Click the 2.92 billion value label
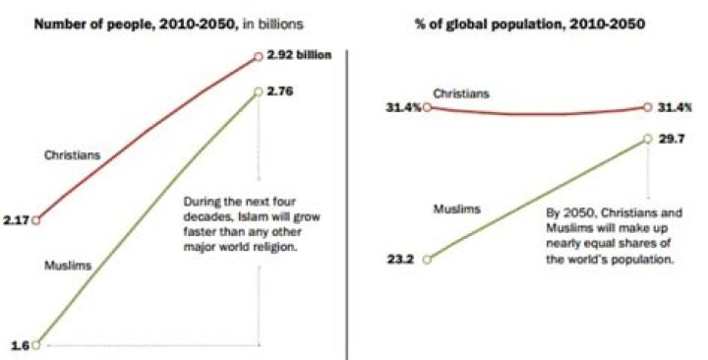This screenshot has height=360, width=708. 297,56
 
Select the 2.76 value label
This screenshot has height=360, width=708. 281,90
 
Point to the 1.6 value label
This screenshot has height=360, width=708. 18,345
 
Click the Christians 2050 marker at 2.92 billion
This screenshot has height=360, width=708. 257,56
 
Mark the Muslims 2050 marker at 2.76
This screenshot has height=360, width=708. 257,90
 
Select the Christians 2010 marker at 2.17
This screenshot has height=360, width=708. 36,220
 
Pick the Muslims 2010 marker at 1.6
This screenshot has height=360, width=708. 36,345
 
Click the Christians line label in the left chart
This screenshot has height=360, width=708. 72,154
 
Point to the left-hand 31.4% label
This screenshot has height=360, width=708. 406,106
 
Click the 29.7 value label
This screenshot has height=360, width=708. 669,140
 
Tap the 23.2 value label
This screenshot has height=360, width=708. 403,259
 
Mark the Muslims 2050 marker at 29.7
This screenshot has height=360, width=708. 647,140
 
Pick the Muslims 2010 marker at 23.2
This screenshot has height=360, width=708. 426,259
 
